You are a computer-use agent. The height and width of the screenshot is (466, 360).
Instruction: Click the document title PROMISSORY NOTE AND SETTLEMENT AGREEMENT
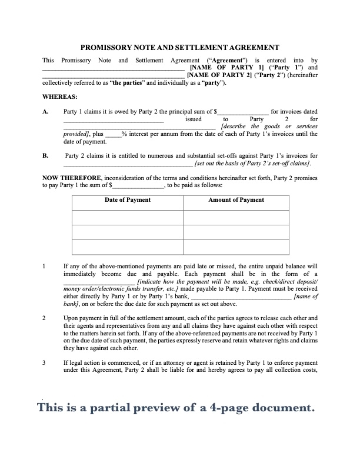tap(179, 47)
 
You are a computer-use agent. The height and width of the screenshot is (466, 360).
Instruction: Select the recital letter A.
tap(45, 111)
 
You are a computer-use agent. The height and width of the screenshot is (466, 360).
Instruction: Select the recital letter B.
tap(45, 156)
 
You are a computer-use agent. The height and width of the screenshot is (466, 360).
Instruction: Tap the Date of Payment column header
tap(127, 200)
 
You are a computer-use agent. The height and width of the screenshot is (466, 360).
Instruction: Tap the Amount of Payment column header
tap(236, 200)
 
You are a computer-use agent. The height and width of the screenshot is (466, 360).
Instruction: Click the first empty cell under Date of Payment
tap(127, 218)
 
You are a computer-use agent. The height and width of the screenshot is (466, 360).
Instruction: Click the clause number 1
tap(45, 267)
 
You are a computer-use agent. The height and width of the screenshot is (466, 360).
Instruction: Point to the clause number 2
tap(45, 318)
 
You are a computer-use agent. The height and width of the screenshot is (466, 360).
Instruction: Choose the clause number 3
tap(45, 362)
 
